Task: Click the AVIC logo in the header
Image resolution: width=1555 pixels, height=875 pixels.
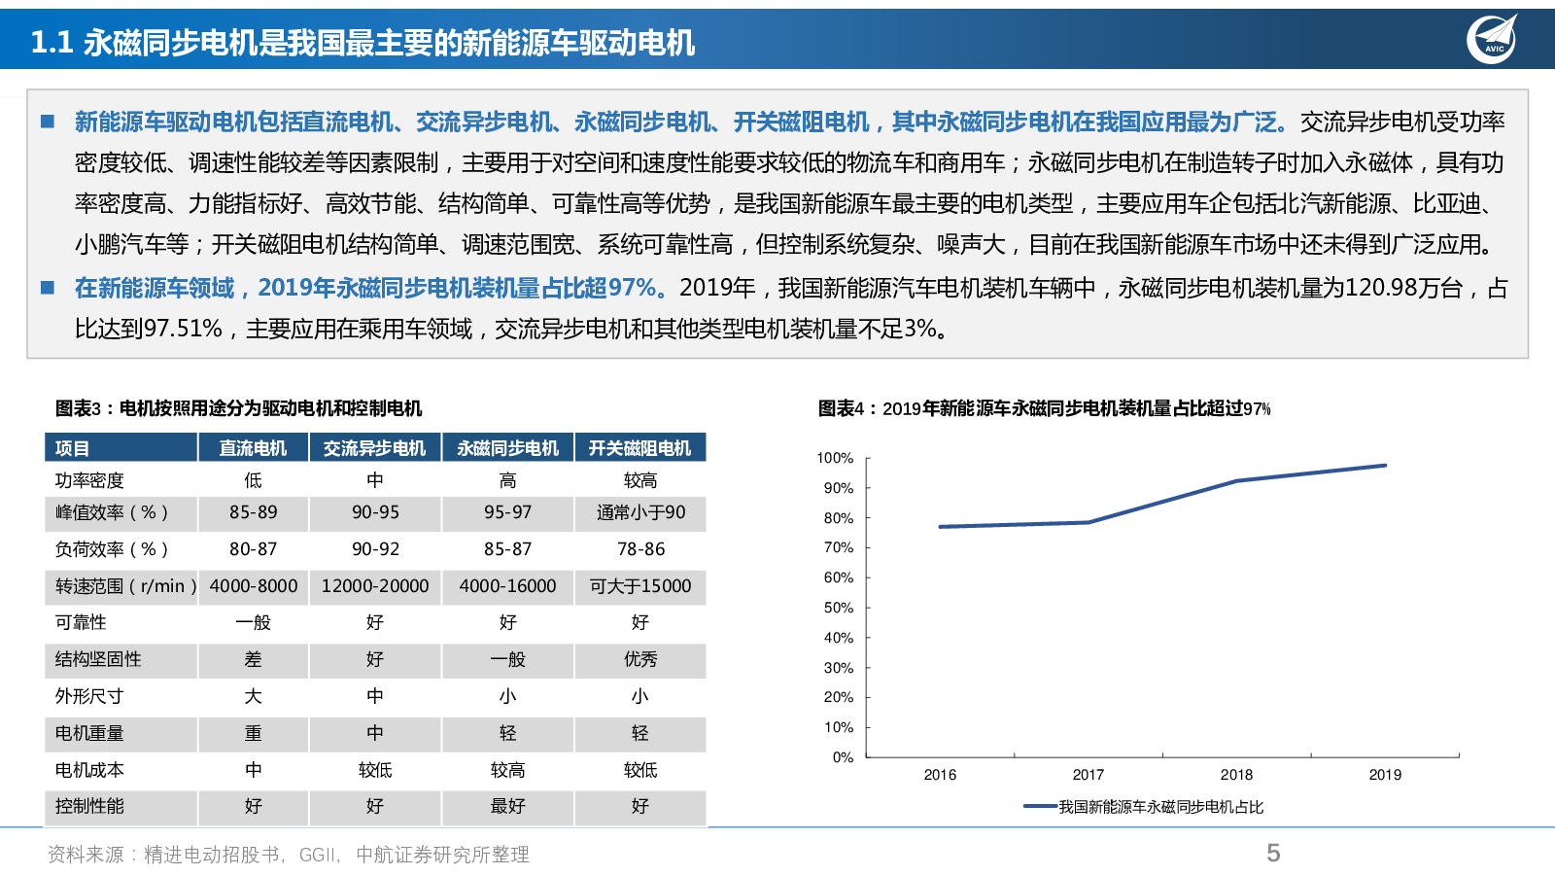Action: click(1492, 40)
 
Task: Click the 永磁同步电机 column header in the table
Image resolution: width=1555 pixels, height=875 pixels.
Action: click(507, 448)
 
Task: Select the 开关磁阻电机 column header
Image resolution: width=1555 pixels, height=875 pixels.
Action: click(639, 448)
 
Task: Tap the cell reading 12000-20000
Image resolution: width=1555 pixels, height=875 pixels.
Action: click(375, 586)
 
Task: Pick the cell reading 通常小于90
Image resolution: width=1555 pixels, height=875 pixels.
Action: click(640, 512)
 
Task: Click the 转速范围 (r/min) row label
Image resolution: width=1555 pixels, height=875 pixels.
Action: click(125, 586)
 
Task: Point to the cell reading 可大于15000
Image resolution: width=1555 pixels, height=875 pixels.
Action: click(640, 586)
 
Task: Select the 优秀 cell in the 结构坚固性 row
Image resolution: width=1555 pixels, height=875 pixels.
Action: click(640, 659)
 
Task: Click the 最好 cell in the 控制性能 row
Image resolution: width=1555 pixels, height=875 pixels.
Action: click(507, 806)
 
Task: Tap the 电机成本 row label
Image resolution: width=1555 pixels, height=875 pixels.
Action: click(89, 770)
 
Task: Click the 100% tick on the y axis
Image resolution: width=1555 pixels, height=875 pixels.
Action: click(835, 458)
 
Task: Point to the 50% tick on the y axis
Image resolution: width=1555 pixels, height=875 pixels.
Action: click(838, 608)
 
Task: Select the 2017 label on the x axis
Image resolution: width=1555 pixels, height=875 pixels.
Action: click(1088, 775)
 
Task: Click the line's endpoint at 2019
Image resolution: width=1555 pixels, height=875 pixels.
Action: click(1385, 466)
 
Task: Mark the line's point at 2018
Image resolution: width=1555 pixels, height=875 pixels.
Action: click(1236, 481)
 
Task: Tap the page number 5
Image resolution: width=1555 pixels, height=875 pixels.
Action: click(1273, 853)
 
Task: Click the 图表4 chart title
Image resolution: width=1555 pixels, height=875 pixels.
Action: click(1044, 408)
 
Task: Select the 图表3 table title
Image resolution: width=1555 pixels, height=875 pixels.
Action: click(238, 408)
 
